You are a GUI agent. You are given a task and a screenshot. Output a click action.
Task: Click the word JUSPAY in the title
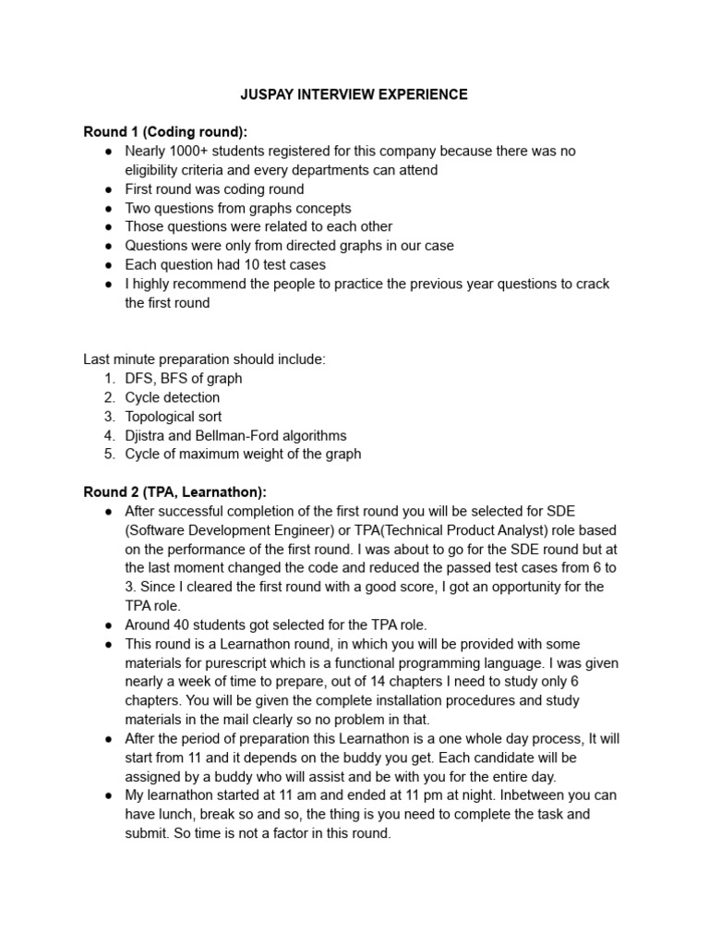[270, 94]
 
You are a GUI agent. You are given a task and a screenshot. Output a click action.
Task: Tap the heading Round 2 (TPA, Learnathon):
[174, 492]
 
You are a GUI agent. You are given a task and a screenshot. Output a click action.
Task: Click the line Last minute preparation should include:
[204, 359]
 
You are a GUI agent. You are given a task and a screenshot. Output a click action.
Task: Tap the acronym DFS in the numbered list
[139, 379]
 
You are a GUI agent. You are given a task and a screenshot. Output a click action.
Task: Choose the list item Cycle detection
[173, 397]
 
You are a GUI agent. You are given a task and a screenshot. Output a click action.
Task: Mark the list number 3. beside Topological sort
[109, 417]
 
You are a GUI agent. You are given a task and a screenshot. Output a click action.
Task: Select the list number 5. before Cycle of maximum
[109, 455]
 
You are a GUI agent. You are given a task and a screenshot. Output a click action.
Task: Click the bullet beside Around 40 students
[109, 625]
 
